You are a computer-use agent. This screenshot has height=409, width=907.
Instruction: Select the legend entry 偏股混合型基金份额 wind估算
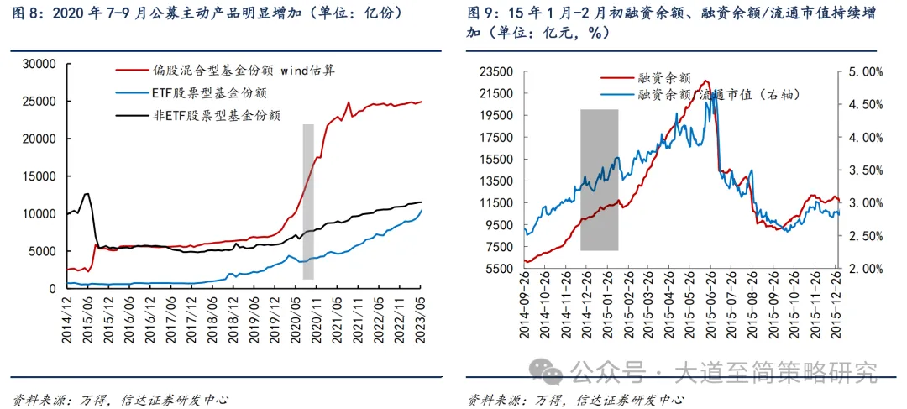tap(244, 71)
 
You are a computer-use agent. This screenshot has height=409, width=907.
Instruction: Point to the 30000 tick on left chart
tap(39, 64)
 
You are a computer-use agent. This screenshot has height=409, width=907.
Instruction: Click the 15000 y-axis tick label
tap(39, 176)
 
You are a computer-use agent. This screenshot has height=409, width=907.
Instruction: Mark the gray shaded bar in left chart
tap(308, 202)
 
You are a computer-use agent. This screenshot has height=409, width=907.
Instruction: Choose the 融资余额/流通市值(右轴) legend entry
tap(714, 95)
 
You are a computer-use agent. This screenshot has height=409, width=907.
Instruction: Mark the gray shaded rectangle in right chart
tap(599, 180)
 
